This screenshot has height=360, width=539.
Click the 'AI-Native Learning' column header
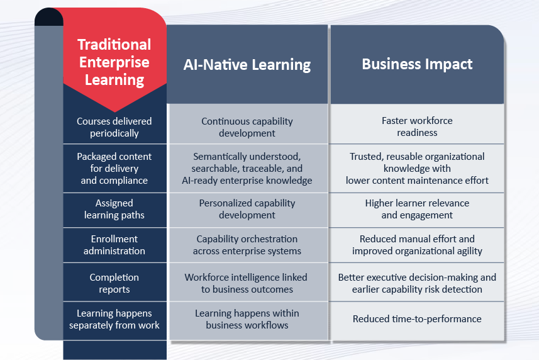point(247,65)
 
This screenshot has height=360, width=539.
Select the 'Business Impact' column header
point(417,64)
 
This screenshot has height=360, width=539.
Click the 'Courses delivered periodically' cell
point(114,127)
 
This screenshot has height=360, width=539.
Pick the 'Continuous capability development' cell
point(247,127)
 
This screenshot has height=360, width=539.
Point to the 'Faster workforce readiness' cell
point(417,127)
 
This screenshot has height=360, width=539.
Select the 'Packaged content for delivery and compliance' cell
point(114,169)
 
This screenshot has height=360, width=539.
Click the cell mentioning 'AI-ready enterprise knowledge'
point(247,169)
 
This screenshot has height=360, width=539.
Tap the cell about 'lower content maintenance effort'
point(417,169)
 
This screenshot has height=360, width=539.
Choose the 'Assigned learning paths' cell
point(114,209)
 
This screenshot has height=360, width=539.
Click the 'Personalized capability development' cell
point(247,209)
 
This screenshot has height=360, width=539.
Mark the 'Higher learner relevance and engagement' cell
point(417,209)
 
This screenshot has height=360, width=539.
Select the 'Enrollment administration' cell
point(114,245)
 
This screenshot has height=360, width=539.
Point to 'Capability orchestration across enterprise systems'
point(247,245)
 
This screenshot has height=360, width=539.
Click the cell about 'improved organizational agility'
point(417,245)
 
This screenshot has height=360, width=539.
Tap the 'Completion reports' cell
point(114,283)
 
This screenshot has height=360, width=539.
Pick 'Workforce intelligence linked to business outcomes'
point(247,283)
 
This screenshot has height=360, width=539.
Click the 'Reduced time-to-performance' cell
point(417,319)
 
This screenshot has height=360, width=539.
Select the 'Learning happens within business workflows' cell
point(247,319)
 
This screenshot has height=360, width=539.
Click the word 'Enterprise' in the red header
point(114,62)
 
